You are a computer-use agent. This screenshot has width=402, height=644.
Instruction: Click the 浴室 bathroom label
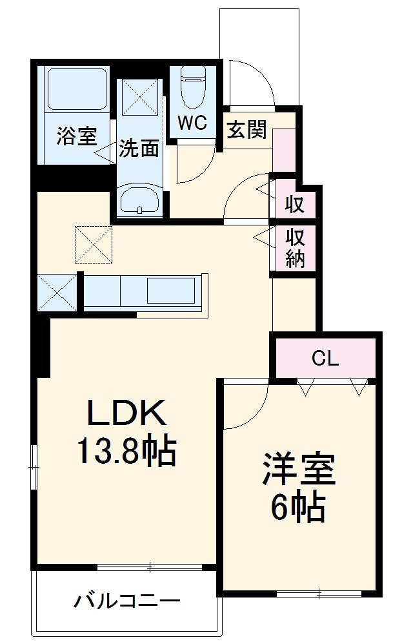click(76, 137)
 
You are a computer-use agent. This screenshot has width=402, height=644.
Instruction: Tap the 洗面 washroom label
click(139, 149)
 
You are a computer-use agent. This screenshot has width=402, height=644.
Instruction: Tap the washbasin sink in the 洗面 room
click(139, 200)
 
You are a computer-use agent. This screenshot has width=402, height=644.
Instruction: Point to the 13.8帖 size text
click(127, 452)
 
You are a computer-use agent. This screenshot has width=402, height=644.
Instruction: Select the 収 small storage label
click(295, 205)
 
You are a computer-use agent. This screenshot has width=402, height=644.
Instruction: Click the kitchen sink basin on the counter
click(171, 291)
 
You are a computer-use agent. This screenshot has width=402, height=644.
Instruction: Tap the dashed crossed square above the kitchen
click(94, 244)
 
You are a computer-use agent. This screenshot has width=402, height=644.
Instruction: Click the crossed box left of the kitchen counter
click(57, 293)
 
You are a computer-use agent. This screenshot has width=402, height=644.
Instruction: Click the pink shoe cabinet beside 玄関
click(284, 150)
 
